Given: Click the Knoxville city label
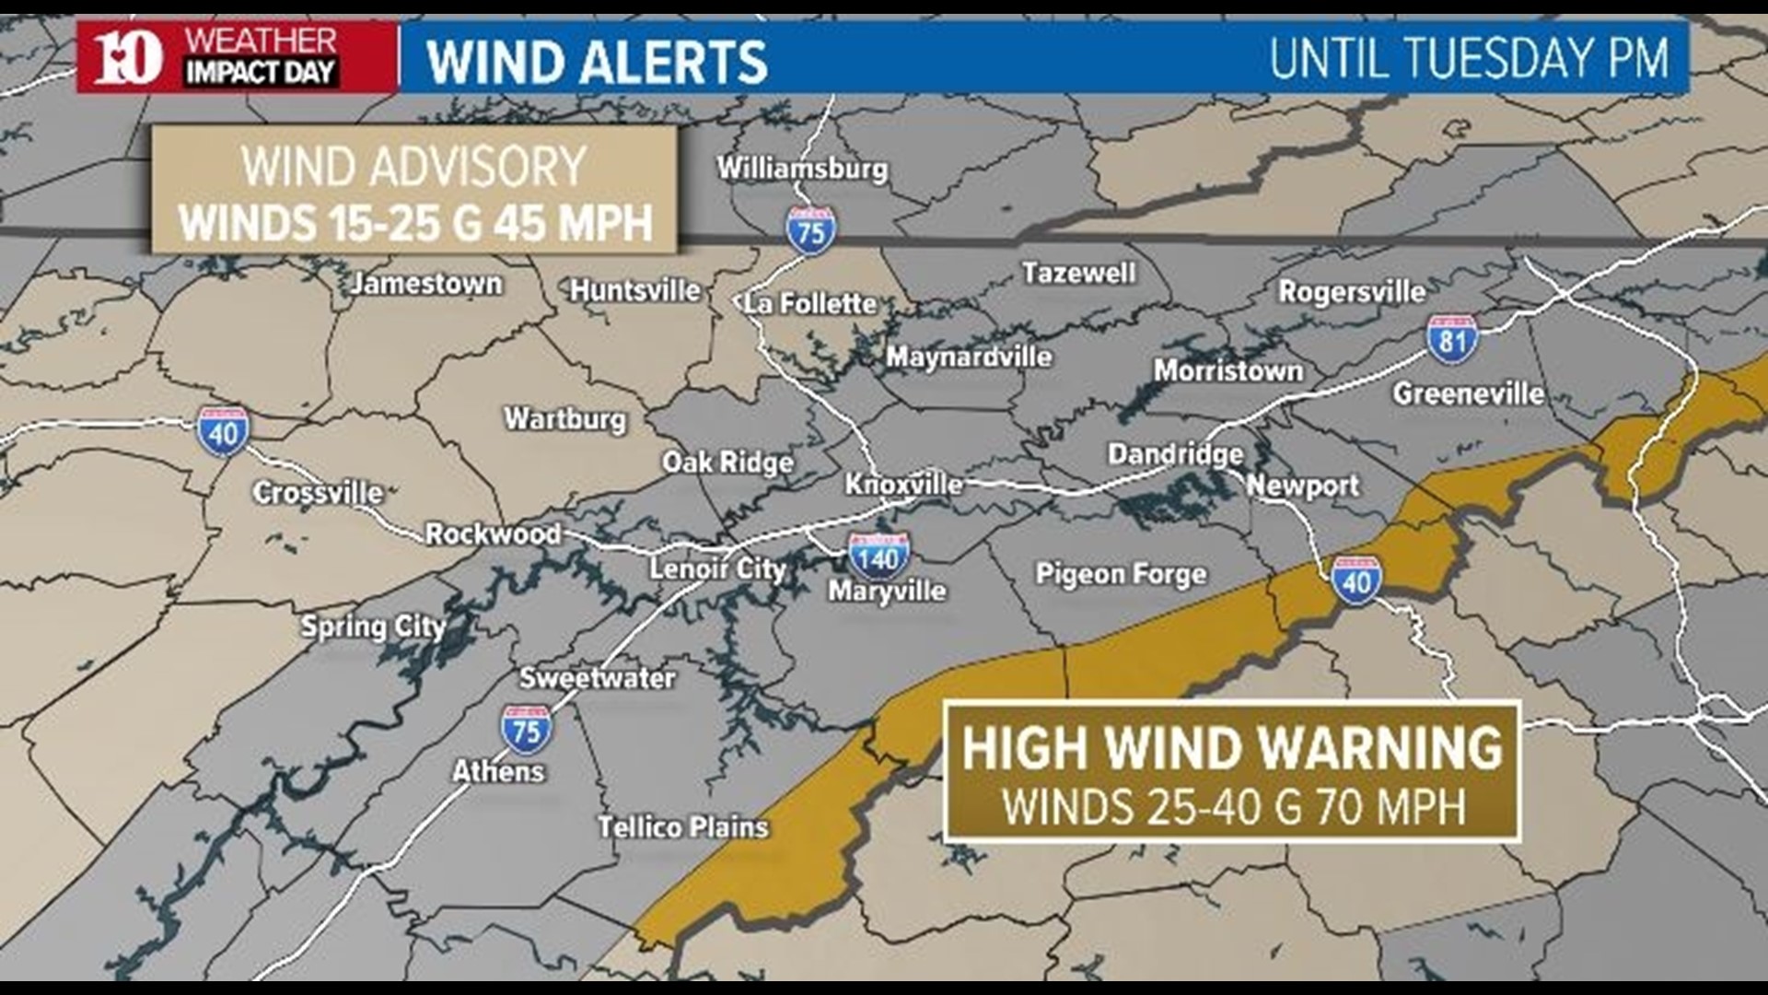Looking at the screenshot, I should (903, 484).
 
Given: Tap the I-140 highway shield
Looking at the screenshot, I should (878, 556).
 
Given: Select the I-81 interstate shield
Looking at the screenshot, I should (1452, 338).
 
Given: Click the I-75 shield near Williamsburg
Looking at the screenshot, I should (810, 230).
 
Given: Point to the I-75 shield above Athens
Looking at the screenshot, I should (526, 731).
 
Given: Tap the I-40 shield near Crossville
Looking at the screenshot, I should (223, 431).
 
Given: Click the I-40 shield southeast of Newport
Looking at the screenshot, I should (1355, 580).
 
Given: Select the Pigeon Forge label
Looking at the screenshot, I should (1121, 574).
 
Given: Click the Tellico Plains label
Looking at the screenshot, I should (682, 826).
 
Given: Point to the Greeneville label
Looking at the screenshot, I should (1468, 393).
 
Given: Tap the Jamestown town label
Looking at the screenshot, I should (425, 283).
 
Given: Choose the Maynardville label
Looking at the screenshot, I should (969, 357).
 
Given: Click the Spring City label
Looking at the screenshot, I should (373, 626).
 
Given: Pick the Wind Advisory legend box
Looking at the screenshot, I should (414, 191).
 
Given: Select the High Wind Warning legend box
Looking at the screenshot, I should (1231, 772).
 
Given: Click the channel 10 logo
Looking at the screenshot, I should (128, 57).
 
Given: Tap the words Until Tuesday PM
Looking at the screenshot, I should (1468, 58).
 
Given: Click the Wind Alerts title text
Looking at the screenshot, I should (597, 61).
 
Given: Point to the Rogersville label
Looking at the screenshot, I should (1351, 292).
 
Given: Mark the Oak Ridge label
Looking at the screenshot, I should (727, 462).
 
